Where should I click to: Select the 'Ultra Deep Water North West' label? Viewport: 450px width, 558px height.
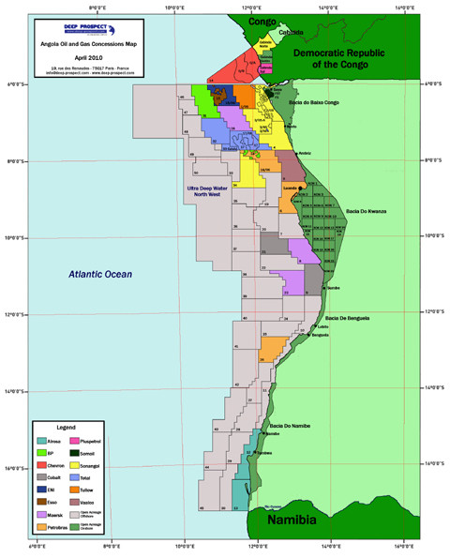point(206,193)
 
